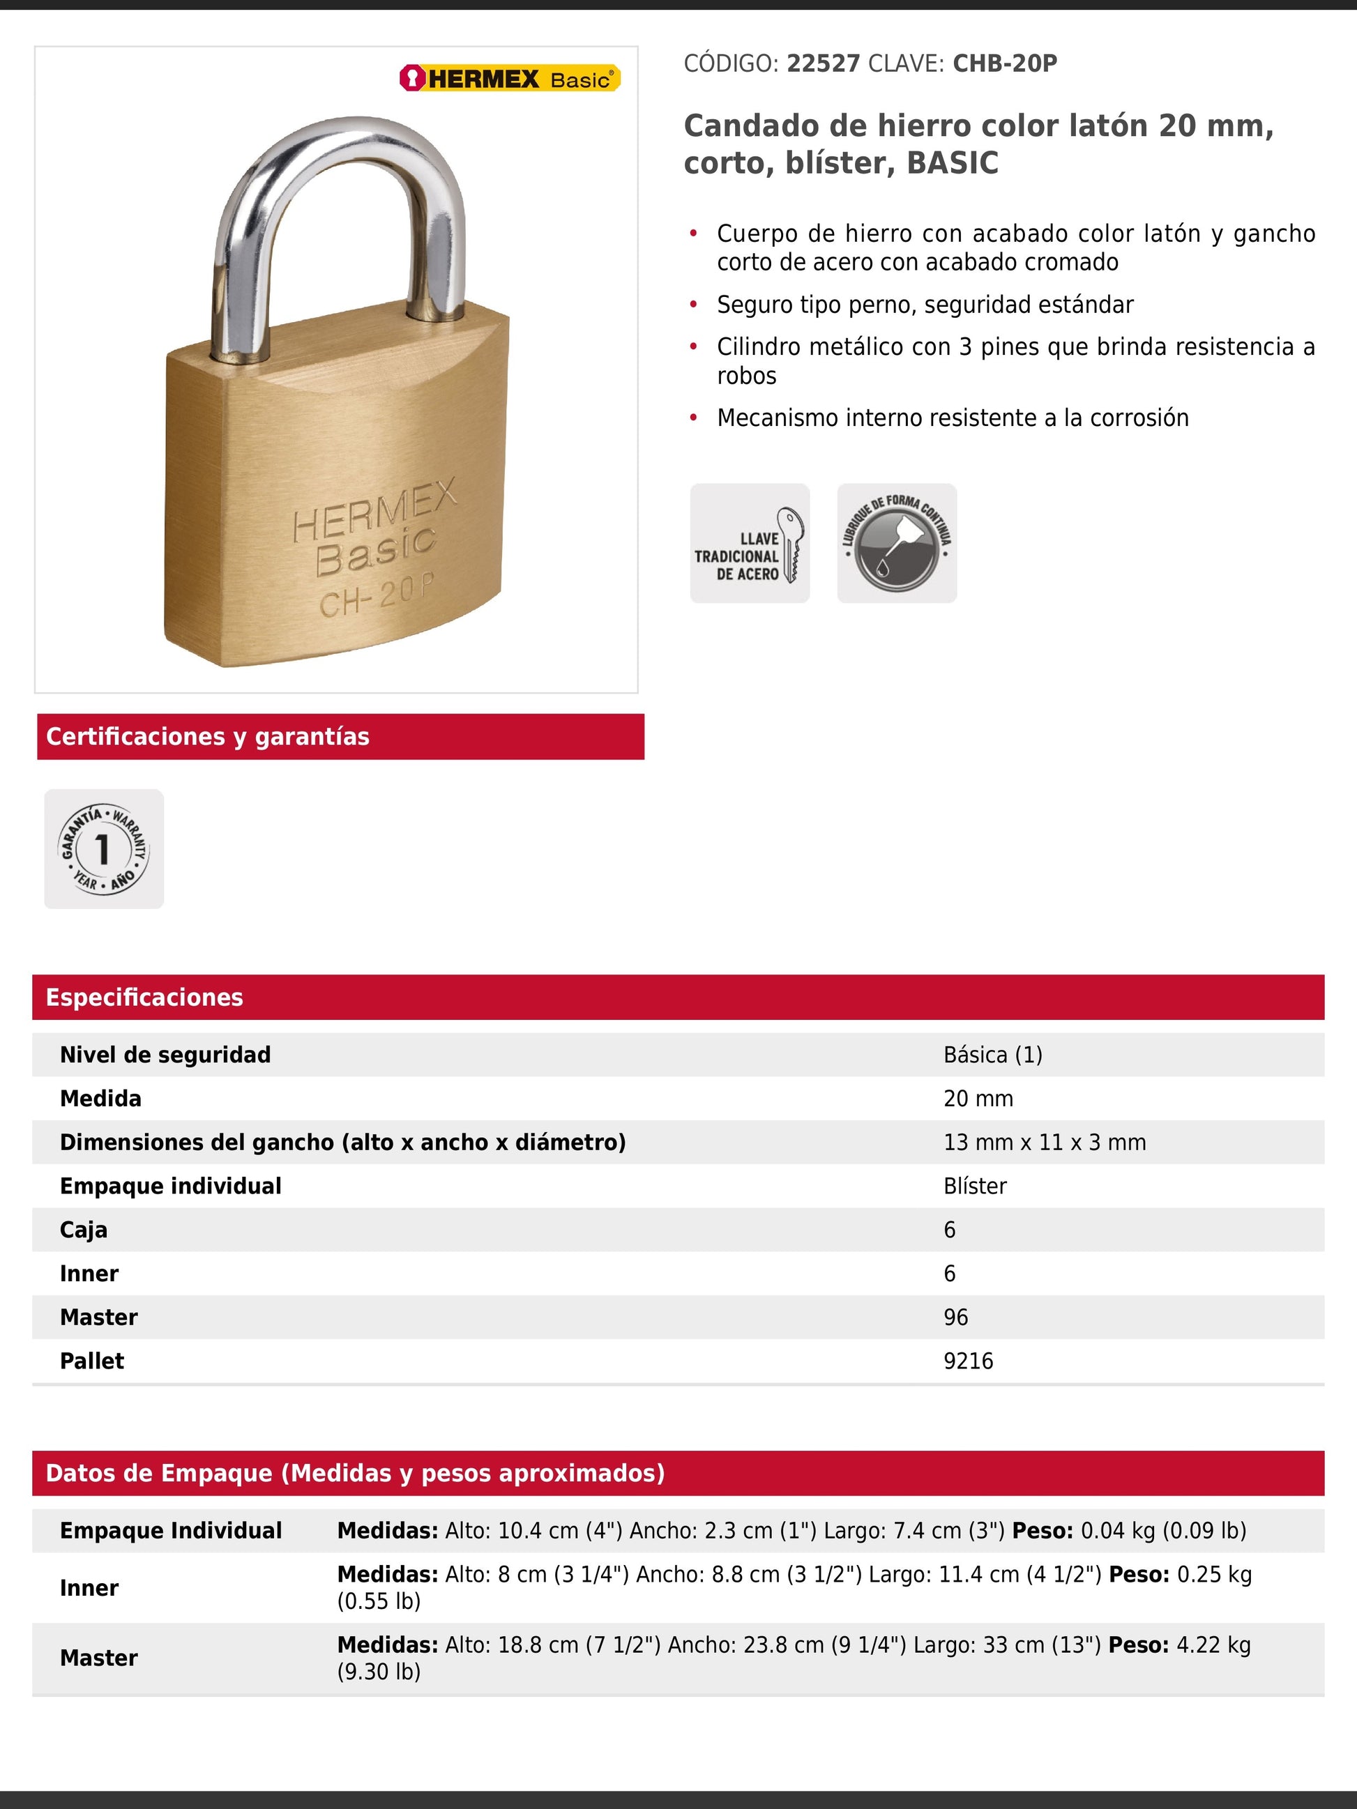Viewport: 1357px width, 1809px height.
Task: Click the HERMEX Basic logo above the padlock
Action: pos(510,79)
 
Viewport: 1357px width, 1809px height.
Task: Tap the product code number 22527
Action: pos(823,64)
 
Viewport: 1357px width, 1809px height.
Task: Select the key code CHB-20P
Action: pos(1004,64)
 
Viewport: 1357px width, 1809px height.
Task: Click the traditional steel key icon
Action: pos(749,543)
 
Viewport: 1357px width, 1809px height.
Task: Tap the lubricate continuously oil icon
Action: pos(897,543)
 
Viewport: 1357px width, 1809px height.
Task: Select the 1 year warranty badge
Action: pos(104,848)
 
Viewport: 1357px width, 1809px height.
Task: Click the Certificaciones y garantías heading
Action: pos(208,736)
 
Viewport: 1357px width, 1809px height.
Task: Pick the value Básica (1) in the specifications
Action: pos(993,1054)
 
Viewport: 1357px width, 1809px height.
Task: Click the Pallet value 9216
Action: pos(969,1361)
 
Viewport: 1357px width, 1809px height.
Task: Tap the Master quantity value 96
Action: pos(955,1317)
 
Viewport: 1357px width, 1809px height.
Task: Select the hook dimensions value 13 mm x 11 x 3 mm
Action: pos(1045,1142)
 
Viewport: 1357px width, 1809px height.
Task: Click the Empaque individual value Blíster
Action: pos(975,1186)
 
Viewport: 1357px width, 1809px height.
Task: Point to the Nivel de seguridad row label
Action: pos(165,1054)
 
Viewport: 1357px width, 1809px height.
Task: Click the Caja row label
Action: pos(84,1229)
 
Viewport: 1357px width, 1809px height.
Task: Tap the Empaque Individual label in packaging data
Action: pos(171,1530)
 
